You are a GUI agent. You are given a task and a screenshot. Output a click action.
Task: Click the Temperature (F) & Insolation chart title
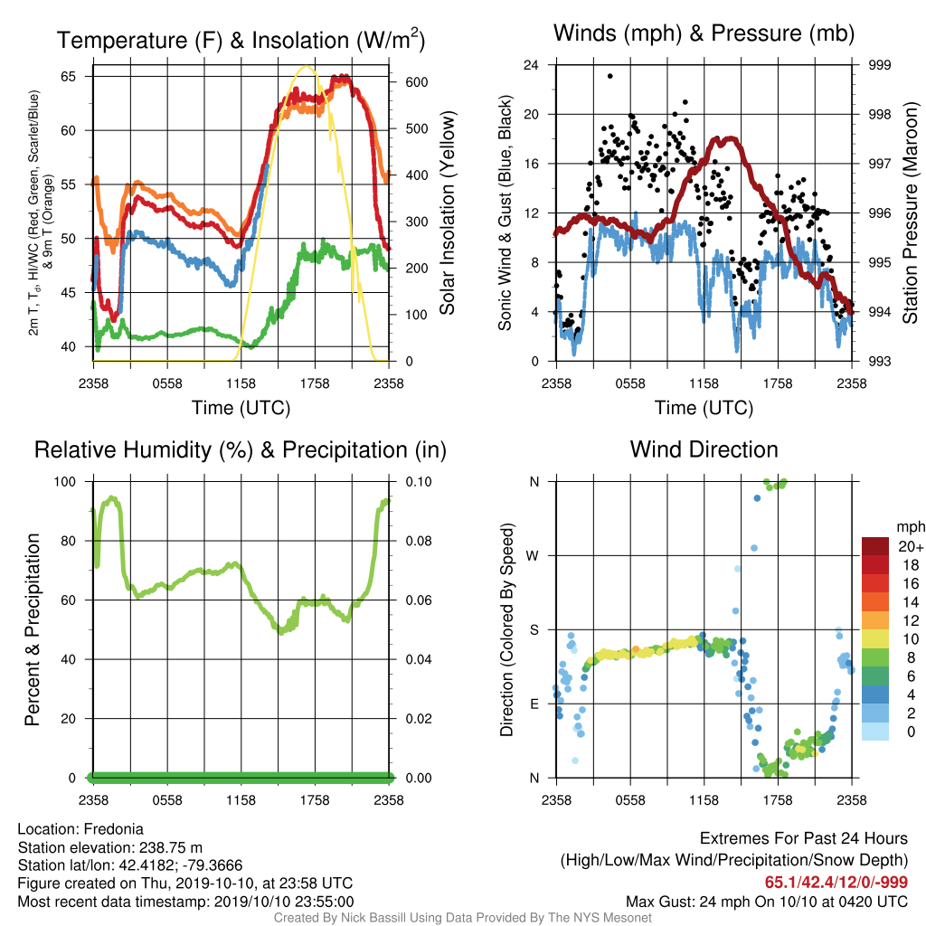coord(241,40)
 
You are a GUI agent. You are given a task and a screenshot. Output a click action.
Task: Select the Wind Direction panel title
coord(704,449)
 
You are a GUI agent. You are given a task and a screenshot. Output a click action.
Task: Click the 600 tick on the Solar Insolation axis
coord(416,82)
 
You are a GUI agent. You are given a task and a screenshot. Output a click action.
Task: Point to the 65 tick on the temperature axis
coord(69,76)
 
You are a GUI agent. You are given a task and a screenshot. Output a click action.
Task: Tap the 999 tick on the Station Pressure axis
coord(879,65)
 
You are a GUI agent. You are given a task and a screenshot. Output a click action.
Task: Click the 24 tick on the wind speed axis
coord(531,65)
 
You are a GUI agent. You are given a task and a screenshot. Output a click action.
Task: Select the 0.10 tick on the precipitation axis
coord(419,482)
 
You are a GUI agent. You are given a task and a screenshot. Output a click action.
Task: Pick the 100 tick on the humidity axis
coord(65,482)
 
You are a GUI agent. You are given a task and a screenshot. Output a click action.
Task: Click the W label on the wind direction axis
coord(533,556)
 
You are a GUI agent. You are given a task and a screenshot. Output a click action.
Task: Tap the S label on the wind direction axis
coord(534,630)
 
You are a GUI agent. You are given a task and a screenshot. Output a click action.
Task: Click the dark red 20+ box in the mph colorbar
coord(875,546)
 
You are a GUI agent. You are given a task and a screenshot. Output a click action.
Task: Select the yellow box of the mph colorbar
coord(875,638)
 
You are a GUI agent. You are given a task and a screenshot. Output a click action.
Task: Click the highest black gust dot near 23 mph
coord(610,76)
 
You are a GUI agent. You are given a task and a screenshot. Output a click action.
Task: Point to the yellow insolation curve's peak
coord(306,66)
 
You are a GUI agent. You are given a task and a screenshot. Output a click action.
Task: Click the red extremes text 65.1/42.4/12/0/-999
coord(836,883)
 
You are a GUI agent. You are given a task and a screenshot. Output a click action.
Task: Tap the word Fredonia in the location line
coord(113,829)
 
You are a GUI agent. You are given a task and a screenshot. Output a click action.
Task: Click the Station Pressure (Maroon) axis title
coord(910,213)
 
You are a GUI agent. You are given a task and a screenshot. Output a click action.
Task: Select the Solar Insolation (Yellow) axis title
coord(448,213)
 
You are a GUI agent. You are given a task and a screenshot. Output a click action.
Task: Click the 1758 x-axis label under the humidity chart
coord(315,800)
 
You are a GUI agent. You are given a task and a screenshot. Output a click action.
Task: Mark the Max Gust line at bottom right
coord(767,902)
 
